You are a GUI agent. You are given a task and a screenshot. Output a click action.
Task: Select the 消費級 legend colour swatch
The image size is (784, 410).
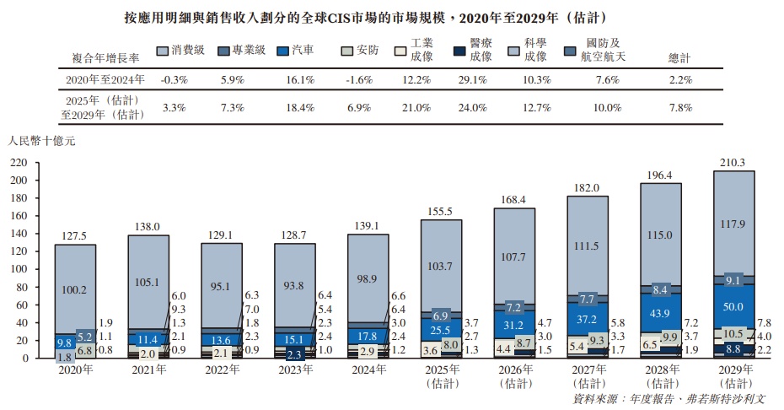click(x=164, y=51)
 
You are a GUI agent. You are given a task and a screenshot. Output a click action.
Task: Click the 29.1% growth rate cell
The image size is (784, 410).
click(x=471, y=80)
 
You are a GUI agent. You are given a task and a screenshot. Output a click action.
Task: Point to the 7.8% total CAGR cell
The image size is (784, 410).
click(x=679, y=108)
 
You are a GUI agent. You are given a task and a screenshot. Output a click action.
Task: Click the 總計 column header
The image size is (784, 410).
click(x=679, y=58)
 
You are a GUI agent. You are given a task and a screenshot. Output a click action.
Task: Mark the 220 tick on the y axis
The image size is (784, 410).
click(x=18, y=163)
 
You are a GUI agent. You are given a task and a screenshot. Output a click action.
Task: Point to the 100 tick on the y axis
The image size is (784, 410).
click(x=18, y=269)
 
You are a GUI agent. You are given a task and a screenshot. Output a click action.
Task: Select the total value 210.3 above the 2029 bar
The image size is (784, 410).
click(x=734, y=162)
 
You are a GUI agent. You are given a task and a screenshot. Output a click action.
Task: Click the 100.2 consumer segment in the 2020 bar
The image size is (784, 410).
click(x=75, y=289)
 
